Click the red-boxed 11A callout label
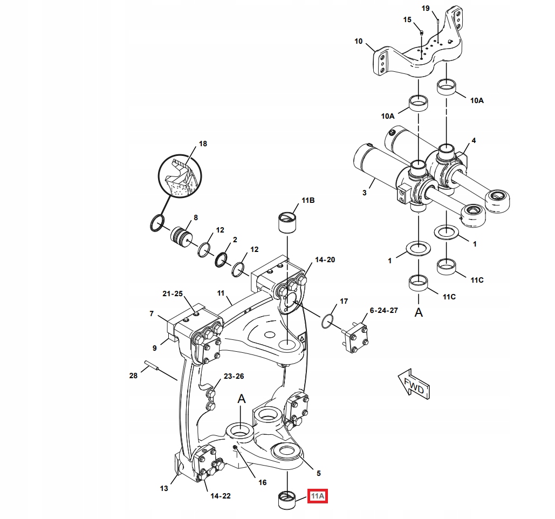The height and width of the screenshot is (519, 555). pyautogui.click(x=318, y=496)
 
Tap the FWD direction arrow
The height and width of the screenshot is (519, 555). pyautogui.click(x=414, y=384)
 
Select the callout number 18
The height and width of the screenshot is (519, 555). pyautogui.click(x=203, y=144)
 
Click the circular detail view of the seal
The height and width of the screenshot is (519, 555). pyautogui.click(x=179, y=176)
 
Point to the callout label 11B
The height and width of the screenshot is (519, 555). pyautogui.click(x=307, y=200)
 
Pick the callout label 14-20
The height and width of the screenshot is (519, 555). pyautogui.click(x=325, y=259)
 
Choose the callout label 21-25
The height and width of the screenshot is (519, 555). pyautogui.click(x=173, y=294)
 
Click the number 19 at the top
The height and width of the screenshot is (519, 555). pyautogui.click(x=426, y=8)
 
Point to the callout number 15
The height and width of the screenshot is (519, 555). pyautogui.click(x=407, y=19)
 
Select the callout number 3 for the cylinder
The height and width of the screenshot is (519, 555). pyautogui.click(x=364, y=193)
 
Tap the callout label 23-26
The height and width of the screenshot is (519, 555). pyautogui.click(x=234, y=376)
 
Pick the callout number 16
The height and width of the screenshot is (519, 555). pyautogui.click(x=262, y=482)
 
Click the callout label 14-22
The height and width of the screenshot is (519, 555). pyautogui.click(x=220, y=496)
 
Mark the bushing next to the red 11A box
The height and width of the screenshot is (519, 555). pyautogui.click(x=287, y=500)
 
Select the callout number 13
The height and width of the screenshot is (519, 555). pyautogui.click(x=164, y=488)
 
